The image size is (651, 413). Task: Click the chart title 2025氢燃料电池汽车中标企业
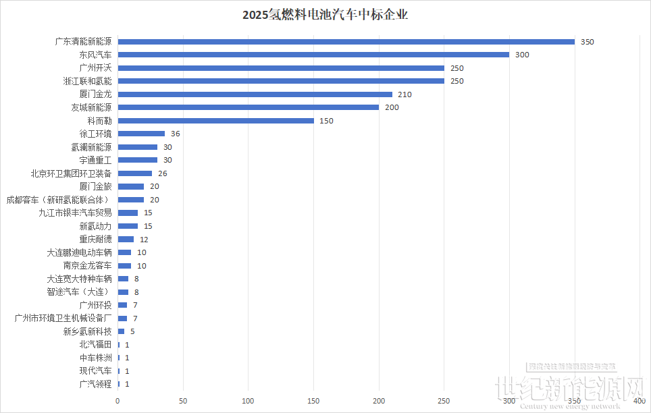(325, 14)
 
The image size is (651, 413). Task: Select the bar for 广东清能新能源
(346, 42)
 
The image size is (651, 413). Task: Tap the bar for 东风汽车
(313, 55)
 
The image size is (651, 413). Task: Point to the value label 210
(405, 94)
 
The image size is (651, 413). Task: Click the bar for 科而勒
(216, 121)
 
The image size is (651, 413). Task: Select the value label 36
(175, 134)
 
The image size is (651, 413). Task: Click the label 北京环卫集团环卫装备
(71, 173)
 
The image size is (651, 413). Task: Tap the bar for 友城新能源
(249, 107)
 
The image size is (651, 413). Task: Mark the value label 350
(587, 42)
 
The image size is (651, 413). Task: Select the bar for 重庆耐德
(126, 240)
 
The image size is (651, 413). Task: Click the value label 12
(144, 240)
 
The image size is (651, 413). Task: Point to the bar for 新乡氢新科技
(121, 331)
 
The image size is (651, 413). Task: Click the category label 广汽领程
(95, 385)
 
